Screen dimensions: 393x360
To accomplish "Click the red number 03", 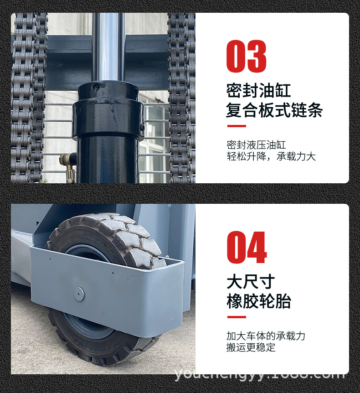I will pos(246,57).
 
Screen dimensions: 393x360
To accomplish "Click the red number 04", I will pos(247,248).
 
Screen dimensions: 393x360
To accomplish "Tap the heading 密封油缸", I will pos(258,90).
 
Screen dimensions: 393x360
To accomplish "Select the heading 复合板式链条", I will pos(274,110).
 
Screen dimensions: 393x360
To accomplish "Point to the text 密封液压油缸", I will pos(256,145).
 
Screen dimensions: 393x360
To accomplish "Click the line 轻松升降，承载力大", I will pos(271,156).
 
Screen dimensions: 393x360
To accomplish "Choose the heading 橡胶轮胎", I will pos(258,301).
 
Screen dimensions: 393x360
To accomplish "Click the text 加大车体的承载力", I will pos(266,336).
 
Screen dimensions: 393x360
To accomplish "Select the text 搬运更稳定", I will pos(251,347).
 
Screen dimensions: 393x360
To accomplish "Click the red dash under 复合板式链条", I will pos(236,126).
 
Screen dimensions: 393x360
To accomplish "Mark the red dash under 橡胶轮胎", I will pos(236,317).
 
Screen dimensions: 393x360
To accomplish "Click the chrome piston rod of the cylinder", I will pos(108,46).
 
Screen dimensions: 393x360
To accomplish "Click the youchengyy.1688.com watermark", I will pos(260,375).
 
